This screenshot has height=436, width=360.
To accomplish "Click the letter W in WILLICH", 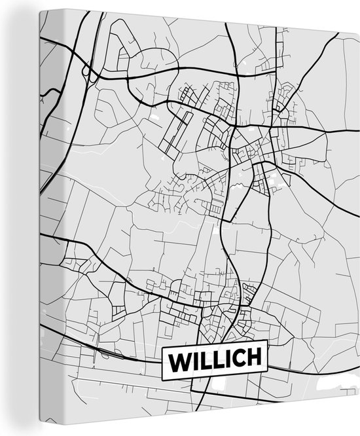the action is click(x=180, y=361).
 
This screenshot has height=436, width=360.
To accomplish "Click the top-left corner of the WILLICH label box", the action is click(x=162, y=348).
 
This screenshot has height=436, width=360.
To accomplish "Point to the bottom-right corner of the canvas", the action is click(x=359, y=435).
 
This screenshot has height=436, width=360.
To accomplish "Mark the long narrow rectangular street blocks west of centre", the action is click(x=177, y=131).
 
